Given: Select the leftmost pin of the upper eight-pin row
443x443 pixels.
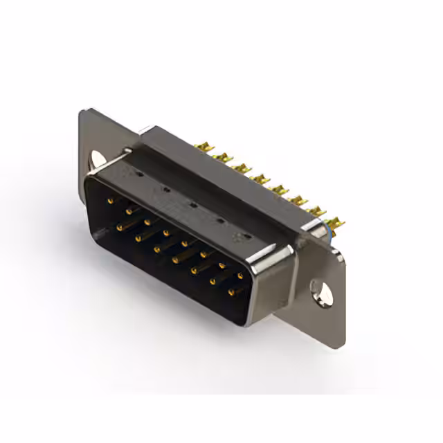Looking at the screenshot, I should pyautogui.click(x=110, y=201).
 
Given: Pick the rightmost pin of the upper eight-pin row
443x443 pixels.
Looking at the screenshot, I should pyautogui.click(x=240, y=275).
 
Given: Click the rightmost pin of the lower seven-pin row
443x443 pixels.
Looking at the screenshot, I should pyautogui.click(x=230, y=292).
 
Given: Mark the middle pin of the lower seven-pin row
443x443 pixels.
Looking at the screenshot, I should pyautogui.click(x=176, y=260).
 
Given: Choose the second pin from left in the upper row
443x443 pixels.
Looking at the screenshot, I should pyautogui.click(x=129, y=211).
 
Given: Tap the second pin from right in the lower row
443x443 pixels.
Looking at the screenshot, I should pyautogui.click(x=213, y=282).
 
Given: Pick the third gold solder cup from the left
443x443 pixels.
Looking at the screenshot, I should pyautogui.click(x=242, y=168).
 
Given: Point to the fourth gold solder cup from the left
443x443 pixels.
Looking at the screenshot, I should pyautogui.click(x=260, y=179).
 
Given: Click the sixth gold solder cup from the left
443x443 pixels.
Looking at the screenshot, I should pyautogui.click(x=298, y=201).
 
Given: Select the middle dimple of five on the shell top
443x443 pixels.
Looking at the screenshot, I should pyautogui.click(x=194, y=206).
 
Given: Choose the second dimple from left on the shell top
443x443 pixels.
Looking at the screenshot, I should pyautogui.click(x=166, y=190).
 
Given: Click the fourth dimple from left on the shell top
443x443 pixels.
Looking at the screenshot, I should pyautogui.click(x=221, y=221).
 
